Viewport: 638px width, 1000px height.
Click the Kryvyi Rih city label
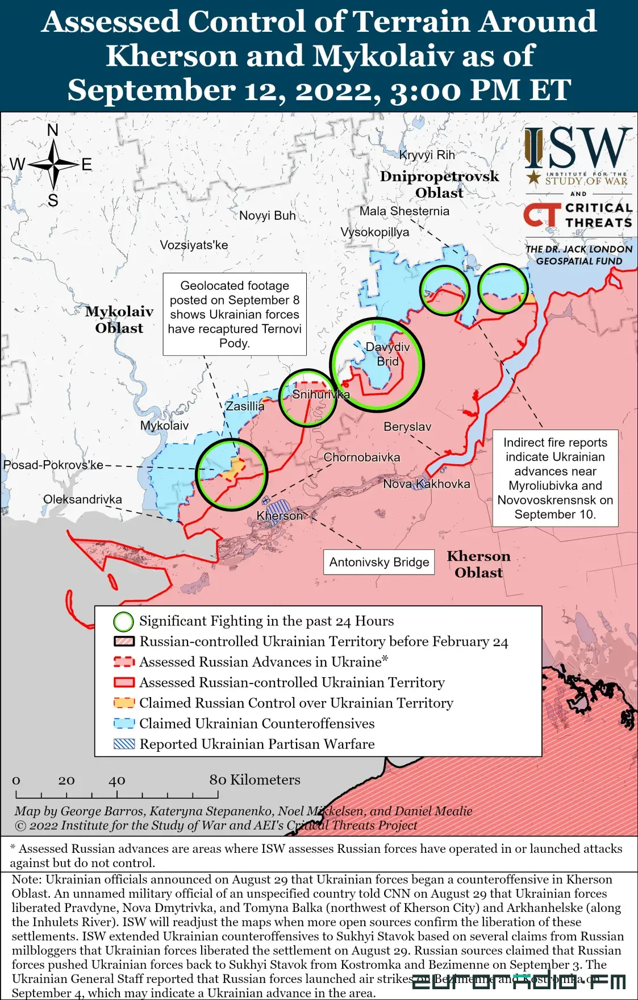pyautogui.click(x=427, y=155)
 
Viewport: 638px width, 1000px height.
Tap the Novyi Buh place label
pyautogui.click(x=267, y=215)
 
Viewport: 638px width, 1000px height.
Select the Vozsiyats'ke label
pyautogui.click(x=194, y=245)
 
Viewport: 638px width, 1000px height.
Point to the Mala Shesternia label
pyautogui.click(x=404, y=211)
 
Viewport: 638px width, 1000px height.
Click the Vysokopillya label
pyautogui.click(x=374, y=232)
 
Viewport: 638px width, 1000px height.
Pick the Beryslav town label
pyautogui.click(x=407, y=427)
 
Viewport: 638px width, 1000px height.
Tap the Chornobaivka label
pyautogui.click(x=361, y=457)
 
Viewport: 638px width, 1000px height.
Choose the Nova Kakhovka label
pyautogui.click(x=426, y=484)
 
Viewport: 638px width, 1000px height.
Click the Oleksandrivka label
pyautogui.click(x=82, y=499)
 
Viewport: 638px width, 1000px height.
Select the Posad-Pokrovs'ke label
pyautogui.click(x=53, y=465)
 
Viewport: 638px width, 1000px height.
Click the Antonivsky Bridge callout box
pyautogui.click(x=379, y=562)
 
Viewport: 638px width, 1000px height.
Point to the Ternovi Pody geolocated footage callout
pyautogui.click(x=235, y=314)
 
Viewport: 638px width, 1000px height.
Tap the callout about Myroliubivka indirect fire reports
pyautogui.click(x=555, y=478)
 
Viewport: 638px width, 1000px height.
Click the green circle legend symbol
pyautogui.click(x=123, y=622)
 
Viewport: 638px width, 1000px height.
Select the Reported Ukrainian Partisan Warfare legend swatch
pyautogui.click(x=124, y=744)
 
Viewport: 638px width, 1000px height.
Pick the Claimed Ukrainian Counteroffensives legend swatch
pyautogui.click(x=124, y=723)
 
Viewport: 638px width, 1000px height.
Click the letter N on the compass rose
pyautogui.click(x=53, y=130)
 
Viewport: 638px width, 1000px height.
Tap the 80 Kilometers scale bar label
pyautogui.click(x=255, y=780)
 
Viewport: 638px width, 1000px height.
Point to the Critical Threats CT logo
pyautogui.click(x=541, y=215)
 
